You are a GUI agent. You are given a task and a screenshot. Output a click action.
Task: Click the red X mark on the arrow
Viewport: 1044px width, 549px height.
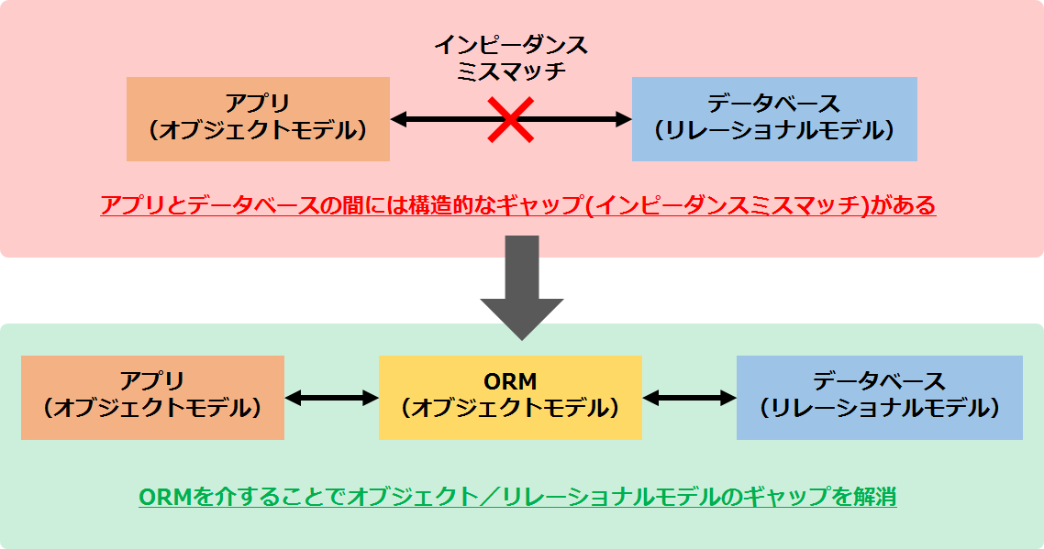click(x=510, y=119)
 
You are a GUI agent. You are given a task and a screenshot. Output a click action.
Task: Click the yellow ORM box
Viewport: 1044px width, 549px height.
click(x=510, y=397)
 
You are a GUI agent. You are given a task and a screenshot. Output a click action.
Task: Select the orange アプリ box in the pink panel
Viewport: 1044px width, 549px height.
click(x=258, y=119)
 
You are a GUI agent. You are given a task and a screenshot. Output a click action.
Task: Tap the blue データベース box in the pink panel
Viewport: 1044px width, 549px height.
click(x=774, y=119)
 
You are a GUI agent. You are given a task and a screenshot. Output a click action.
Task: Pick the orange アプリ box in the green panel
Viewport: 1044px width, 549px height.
click(x=152, y=397)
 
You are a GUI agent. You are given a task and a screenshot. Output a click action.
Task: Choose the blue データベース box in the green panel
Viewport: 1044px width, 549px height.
click(x=879, y=397)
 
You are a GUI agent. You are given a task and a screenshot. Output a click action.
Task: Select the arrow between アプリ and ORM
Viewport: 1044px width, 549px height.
click(x=331, y=398)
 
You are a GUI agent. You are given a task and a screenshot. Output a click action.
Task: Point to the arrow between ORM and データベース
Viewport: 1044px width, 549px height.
click(x=689, y=398)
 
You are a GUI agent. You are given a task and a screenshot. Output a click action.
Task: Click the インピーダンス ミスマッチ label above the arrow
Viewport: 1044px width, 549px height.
click(x=510, y=57)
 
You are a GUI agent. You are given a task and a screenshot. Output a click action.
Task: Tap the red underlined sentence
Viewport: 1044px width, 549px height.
click(x=517, y=204)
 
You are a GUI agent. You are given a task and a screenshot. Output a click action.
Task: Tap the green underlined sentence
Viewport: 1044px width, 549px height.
click(x=517, y=497)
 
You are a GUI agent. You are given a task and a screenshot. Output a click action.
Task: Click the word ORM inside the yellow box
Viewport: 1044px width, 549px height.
click(x=510, y=381)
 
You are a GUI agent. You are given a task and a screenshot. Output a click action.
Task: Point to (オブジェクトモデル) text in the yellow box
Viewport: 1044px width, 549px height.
click(x=510, y=410)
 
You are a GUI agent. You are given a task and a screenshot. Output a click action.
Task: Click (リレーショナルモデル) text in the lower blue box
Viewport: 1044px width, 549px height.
click(x=879, y=410)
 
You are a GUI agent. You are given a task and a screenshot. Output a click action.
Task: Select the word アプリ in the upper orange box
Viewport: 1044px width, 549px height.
click(x=258, y=103)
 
